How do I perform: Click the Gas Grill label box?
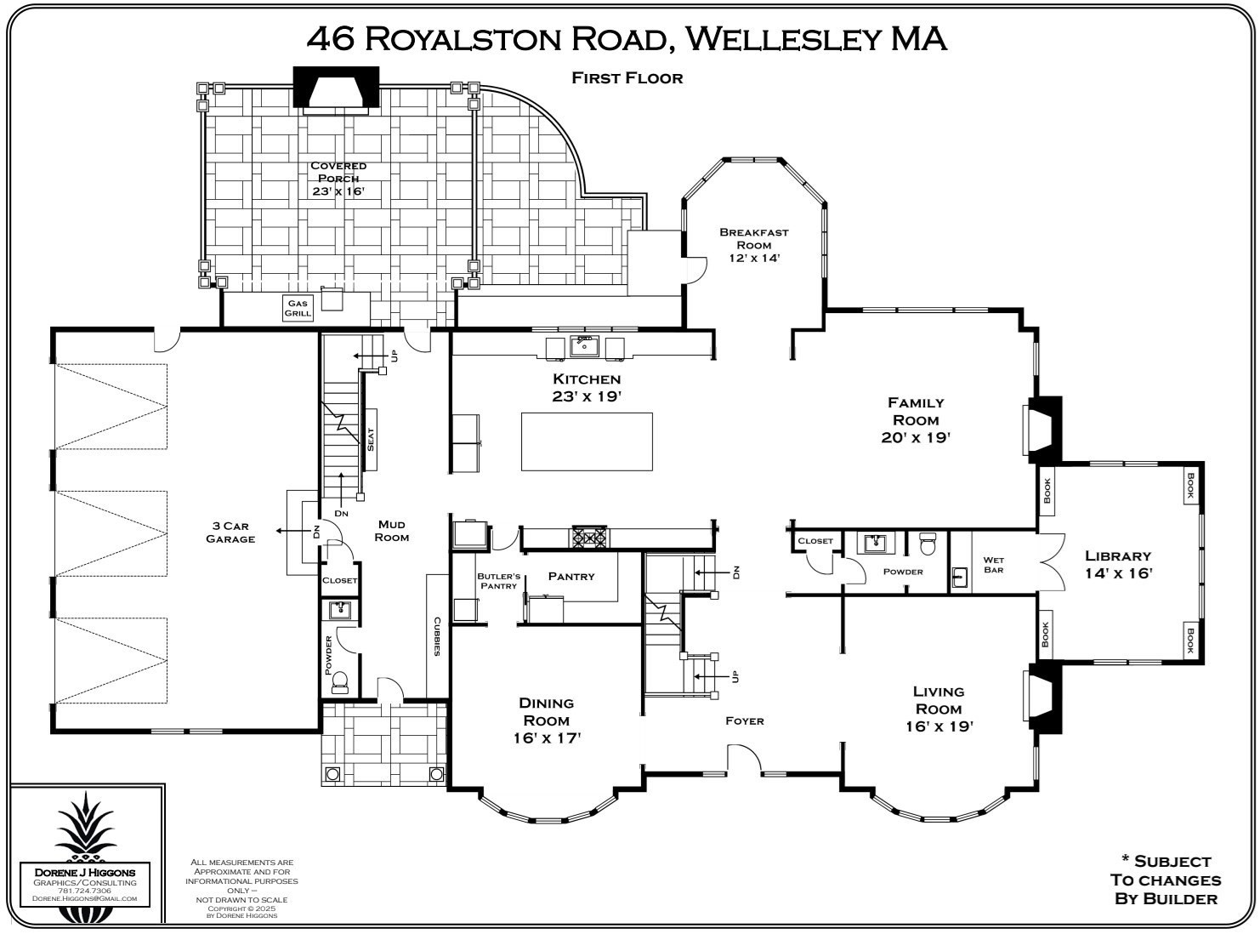298,308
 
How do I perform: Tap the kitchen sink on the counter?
584,345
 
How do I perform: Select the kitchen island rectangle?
587,441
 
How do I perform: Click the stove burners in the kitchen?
588,537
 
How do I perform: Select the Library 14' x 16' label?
1118,565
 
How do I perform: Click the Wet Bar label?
993,565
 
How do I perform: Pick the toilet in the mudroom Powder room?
340,680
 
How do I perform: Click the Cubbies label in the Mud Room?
437,636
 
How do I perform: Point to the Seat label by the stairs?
371,440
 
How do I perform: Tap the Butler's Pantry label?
498,581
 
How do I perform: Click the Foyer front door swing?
744,759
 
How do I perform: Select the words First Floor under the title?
627,78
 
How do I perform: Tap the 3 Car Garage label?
230,532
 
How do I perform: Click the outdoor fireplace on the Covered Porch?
336,89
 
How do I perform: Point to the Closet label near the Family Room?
815,541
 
